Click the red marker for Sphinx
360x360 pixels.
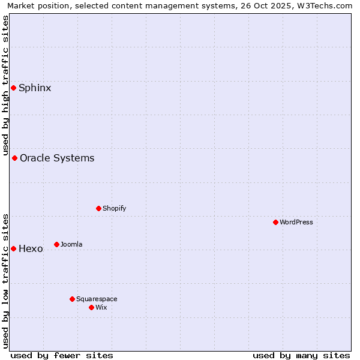[13, 88]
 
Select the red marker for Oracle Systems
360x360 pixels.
[14, 158]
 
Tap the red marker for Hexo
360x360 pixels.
[13, 248]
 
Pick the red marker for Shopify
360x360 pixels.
[98, 209]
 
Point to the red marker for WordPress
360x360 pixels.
[275, 223]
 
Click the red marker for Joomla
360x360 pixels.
[56, 244]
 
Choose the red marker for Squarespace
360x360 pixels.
[72, 299]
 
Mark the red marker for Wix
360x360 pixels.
[91, 307]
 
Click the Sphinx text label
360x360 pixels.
[35, 88]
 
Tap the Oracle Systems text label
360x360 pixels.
[57, 158]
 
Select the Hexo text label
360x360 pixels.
[31, 248]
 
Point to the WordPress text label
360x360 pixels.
[296, 223]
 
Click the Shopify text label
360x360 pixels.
[114, 209]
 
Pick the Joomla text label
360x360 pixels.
[71, 244]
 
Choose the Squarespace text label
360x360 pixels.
[97, 299]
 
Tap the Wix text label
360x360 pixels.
[101, 307]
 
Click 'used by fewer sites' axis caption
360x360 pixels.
[62, 355]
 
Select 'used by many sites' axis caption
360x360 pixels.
[301, 355]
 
